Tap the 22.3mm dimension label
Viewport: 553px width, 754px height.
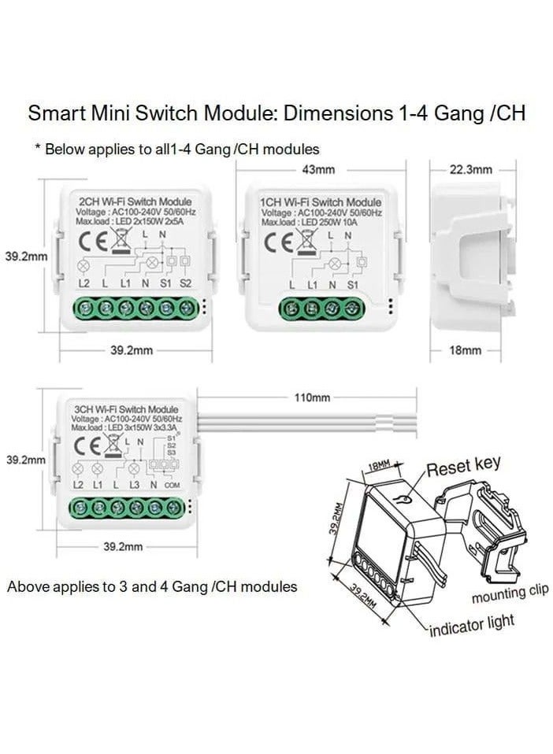(x=470, y=169)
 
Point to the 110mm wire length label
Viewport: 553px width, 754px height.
(x=312, y=397)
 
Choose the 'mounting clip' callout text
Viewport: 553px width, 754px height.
(x=510, y=594)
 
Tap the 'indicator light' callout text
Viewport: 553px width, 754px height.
(x=472, y=626)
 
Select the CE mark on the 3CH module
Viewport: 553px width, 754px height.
(x=87, y=445)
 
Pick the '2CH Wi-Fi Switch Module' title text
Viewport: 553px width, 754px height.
(x=131, y=202)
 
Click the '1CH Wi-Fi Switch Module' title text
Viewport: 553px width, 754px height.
(x=321, y=202)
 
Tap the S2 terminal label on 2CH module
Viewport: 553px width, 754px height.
(x=186, y=283)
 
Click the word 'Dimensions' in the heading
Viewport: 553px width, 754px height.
(x=335, y=113)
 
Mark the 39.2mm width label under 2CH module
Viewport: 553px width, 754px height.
(x=131, y=350)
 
